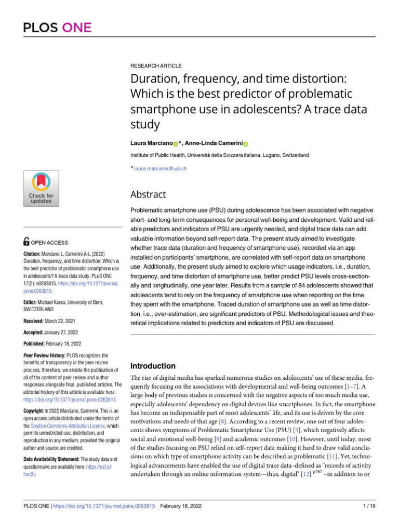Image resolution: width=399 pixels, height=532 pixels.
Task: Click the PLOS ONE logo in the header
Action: coord(57,27)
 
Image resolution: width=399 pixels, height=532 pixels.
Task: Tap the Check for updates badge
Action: coord(41,189)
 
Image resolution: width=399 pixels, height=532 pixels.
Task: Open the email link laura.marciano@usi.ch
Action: coord(161,168)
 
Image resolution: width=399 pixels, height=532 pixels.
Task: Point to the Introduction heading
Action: coord(153,366)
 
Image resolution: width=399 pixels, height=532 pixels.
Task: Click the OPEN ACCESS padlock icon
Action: coord(26,242)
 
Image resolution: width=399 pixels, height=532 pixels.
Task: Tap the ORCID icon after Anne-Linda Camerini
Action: coord(246,129)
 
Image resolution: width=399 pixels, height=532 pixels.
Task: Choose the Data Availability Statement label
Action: coord(51,459)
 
